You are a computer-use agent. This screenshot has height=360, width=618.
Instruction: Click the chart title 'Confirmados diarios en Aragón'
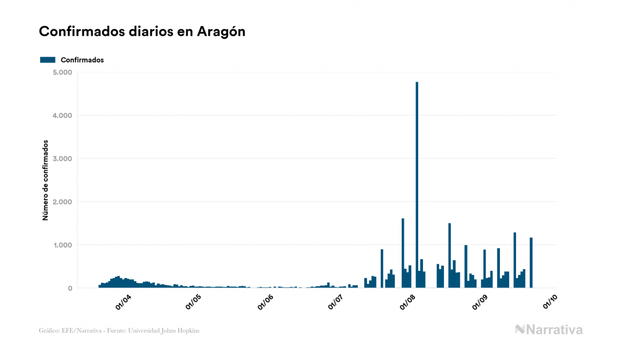[x=142, y=32]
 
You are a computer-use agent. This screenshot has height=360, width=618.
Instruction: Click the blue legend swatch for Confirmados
[x=48, y=60]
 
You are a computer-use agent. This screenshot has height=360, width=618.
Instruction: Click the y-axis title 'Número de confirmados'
[x=45, y=180]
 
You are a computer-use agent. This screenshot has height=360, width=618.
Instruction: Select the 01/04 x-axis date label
[x=123, y=302]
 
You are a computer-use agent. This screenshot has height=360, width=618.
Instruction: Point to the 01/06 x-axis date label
[x=265, y=302]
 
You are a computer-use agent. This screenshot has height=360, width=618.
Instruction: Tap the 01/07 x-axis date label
[x=335, y=302]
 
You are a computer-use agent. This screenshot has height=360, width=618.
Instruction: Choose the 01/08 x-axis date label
[x=407, y=302]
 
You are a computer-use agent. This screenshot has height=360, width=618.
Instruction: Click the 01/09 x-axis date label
[x=479, y=302]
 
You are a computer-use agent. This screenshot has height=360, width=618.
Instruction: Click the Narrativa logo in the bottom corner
[x=549, y=330]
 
